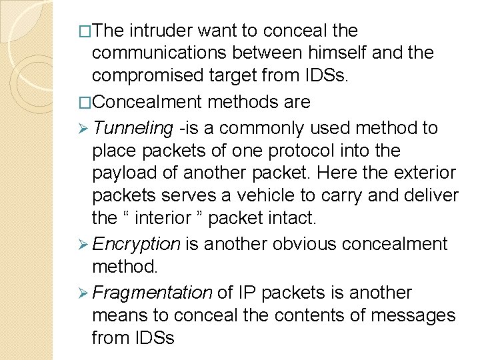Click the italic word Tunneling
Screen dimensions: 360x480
pos(133,127)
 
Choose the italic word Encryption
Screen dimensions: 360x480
pos(137,244)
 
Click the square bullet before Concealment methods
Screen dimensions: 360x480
pos(84,102)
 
